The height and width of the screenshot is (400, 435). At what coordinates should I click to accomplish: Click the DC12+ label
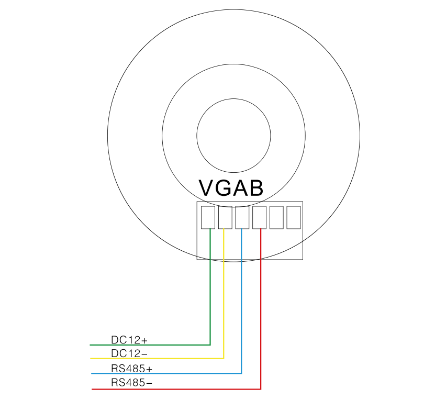pyautogui.click(x=129, y=340)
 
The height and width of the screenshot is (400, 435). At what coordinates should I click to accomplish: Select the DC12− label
pyautogui.click(x=129, y=353)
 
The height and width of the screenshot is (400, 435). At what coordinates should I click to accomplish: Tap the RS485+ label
pyautogui.click(x=132, y=369)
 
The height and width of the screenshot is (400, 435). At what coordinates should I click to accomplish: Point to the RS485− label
pyautogui.click(x=132, y=383)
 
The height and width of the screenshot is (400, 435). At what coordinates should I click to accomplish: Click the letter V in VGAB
pyautogui.click(x=207, y=188)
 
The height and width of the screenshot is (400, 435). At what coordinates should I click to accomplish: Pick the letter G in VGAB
pyautogui.click(x=224, y=188)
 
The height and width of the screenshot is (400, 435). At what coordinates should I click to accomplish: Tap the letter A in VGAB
pyautogui.click(x=239, y=188)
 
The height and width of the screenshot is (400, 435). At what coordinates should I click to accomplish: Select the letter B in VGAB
pyautogui.click(x=255, y=188)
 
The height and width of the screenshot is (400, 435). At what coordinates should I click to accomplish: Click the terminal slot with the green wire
pyautogui.click(x=208, y=217)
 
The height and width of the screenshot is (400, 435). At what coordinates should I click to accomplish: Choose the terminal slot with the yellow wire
pyautogui.click(x=225, y=217)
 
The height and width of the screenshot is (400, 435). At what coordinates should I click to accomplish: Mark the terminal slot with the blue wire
pyautogui.click(x=242, y=217)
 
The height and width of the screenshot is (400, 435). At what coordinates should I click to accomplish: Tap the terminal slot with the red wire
pyautogui.click(x=260, y=217)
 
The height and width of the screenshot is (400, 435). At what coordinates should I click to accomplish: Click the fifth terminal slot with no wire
pyautogui.click(x=276, y=217)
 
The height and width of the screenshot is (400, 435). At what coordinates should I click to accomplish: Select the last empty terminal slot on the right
pyautogui.click(x=294, y=217)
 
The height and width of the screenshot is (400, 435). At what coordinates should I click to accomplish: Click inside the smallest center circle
pyautogui.click(x=233, y=136)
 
